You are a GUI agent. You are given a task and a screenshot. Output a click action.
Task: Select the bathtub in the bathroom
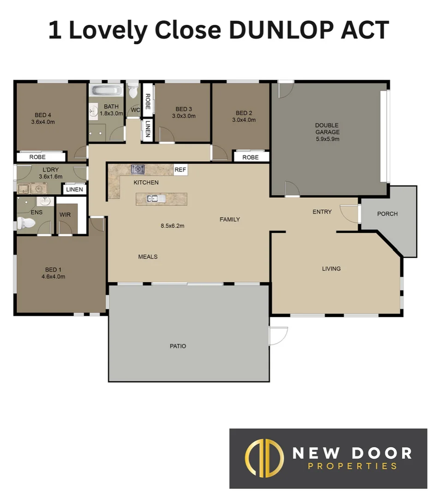pos(106,90)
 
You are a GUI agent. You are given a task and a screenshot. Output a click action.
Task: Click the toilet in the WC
pos(133,90)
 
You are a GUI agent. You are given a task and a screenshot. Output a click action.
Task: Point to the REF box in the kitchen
pos(180,170)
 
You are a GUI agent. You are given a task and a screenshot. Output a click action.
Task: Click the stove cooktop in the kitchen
pos(138,169)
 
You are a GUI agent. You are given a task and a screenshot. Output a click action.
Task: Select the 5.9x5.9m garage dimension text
pos(327,139)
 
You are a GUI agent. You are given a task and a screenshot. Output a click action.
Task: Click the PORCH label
pos(387,214)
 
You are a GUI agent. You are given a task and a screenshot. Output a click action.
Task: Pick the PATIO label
pos(178,346)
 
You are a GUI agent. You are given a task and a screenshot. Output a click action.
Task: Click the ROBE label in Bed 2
pos(250,157)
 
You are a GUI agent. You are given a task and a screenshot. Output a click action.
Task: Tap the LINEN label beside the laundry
pos(74,190)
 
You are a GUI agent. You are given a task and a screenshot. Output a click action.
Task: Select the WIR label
pos(65,214)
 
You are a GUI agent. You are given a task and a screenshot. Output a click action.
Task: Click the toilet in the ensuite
pos(27,224)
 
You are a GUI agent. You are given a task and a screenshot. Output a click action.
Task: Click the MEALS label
pos(148,257)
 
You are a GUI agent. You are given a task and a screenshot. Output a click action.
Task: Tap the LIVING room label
pos(331,268)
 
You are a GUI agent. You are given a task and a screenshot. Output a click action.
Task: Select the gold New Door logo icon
pos(263,458)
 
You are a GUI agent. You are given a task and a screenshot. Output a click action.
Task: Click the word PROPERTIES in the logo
pos(352,466)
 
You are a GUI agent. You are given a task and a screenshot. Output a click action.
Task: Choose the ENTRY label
pos(322,212)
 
